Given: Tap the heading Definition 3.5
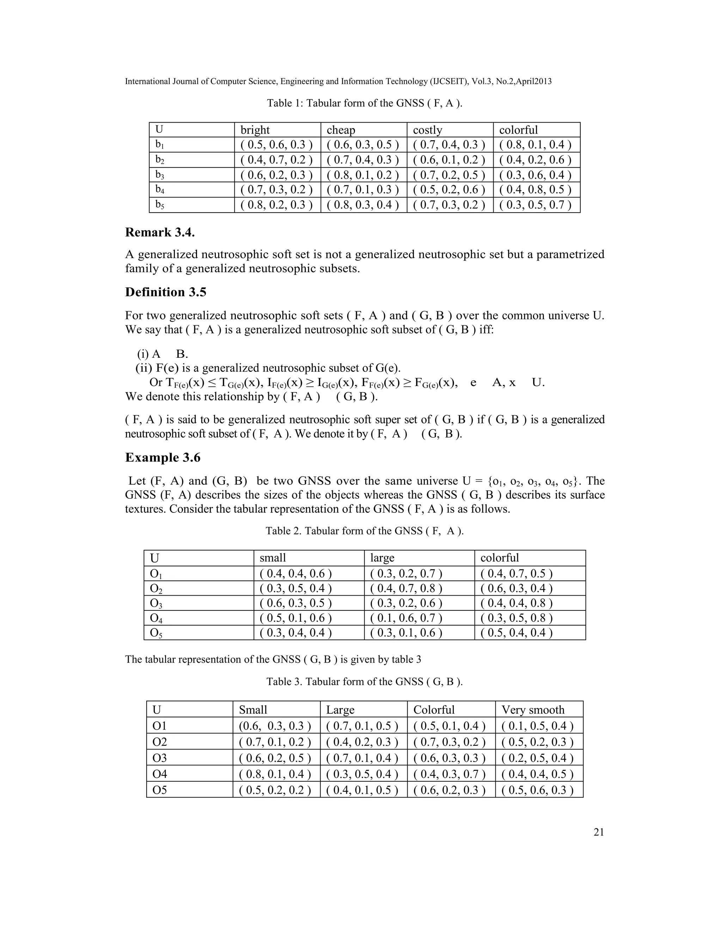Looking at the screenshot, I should click(166, 292).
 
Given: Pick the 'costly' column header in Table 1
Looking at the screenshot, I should click(427, 130).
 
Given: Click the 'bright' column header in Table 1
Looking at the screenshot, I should click(255, 130).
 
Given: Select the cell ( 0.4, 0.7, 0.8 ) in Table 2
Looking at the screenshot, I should click(406, 589).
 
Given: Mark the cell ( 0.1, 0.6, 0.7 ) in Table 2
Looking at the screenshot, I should click(406, 618).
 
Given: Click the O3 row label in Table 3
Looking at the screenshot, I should click(160, 758).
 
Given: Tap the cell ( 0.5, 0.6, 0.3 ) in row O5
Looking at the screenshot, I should click(537, 790).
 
